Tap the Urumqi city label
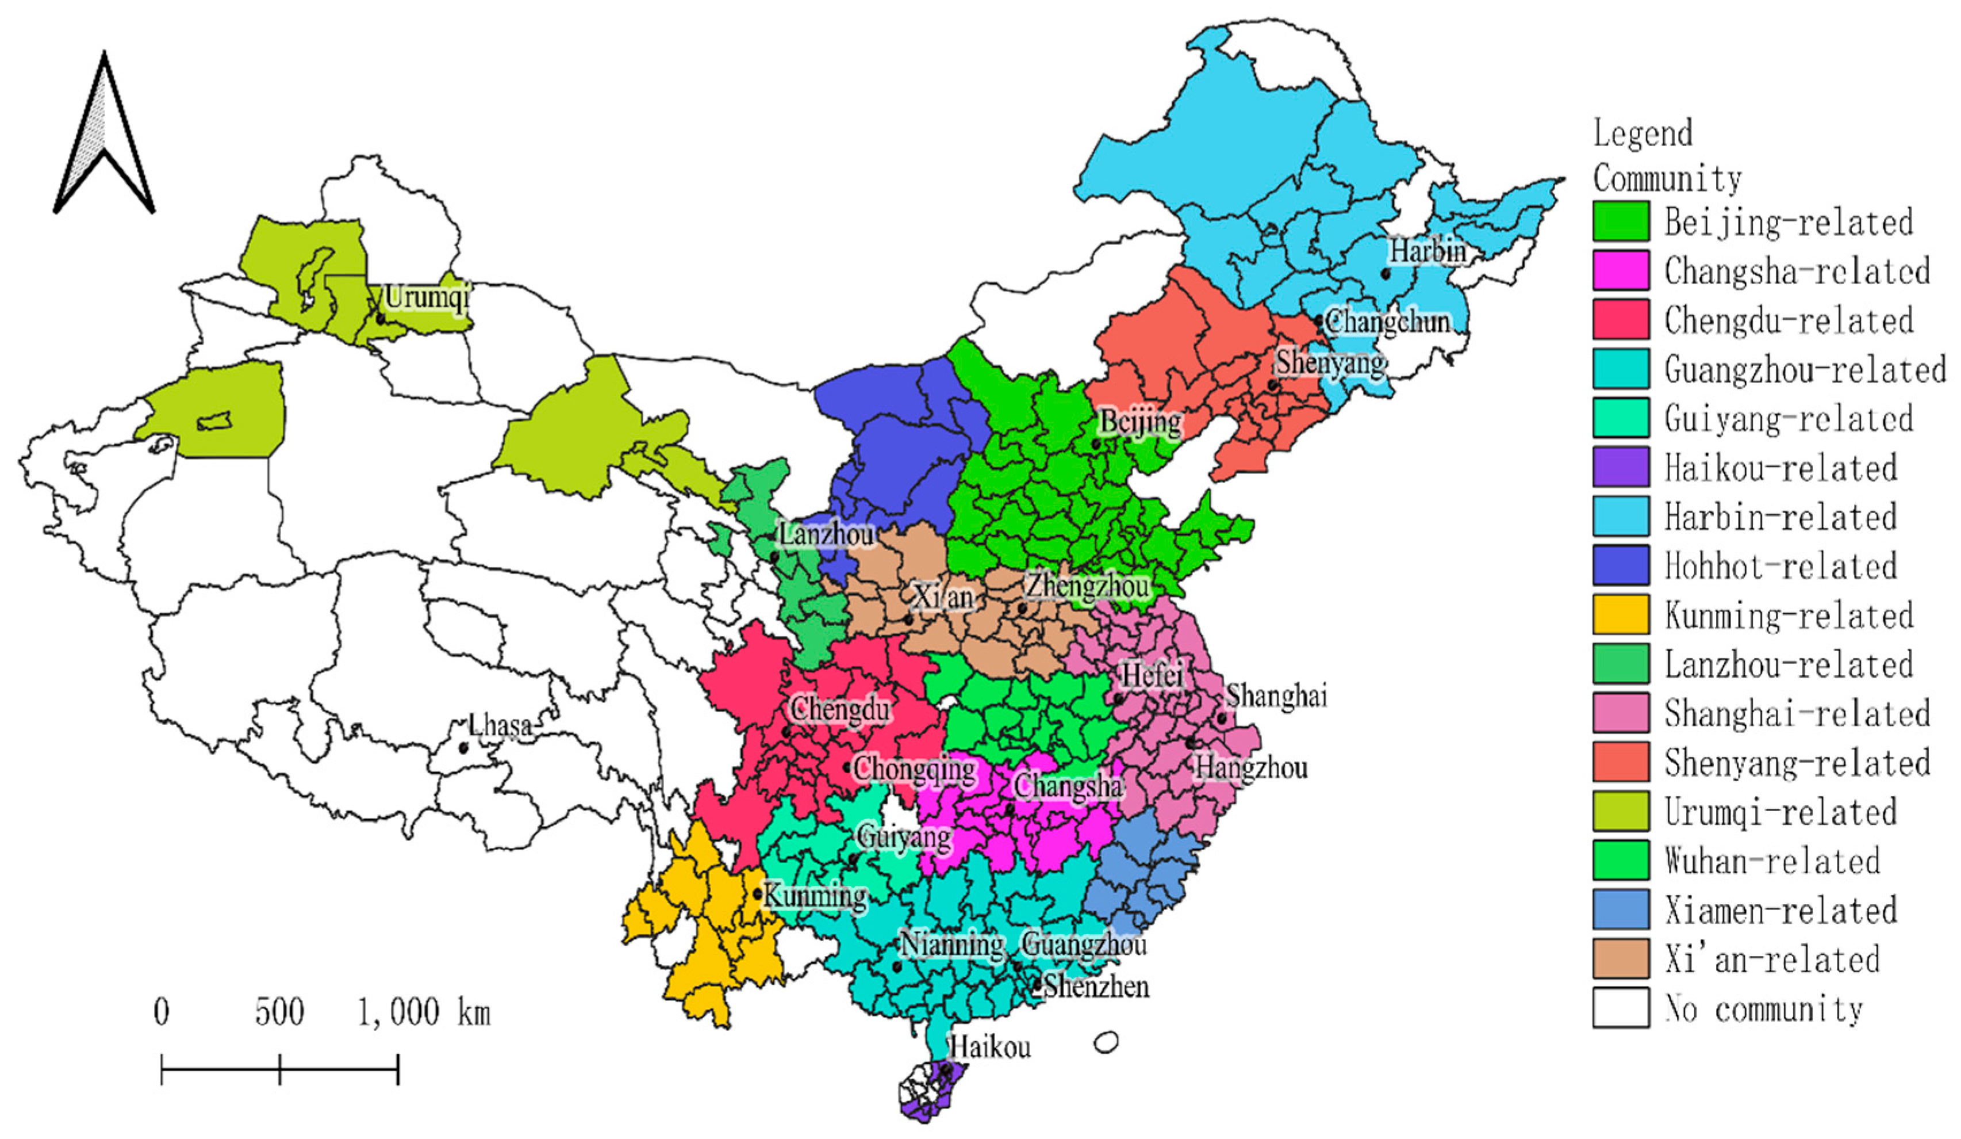pyautogui.click(x=427, y=297)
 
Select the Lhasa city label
pyautogui.click(x=500, y=725)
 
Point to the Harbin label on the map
pyautogui.click(x=1428, y=251)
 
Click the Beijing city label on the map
pyautogui.click(x=1140, y=423)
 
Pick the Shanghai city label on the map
pyautogui.click(x=1276, y=696)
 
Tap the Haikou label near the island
pyautogui.click(x=991, y=1047)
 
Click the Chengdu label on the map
pyautogui.click(x=840, y=709)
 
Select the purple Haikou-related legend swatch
pyautogui.click(x=1620, y=467)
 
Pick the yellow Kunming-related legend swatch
pyautogui.click(x=1620, y=614)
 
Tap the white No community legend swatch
pyautogui.click(x=1620, y=1008)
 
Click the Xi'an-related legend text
pyautogui.click(x=1772, y=959)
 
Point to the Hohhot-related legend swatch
pyautogui.click(x=1620, y=565)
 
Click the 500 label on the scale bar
pyautogui.click(x=279, y=1012)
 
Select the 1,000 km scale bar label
pyautogui.click(x=424, y=1012)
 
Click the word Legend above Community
pyautogui.click(x=1643, y=133)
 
